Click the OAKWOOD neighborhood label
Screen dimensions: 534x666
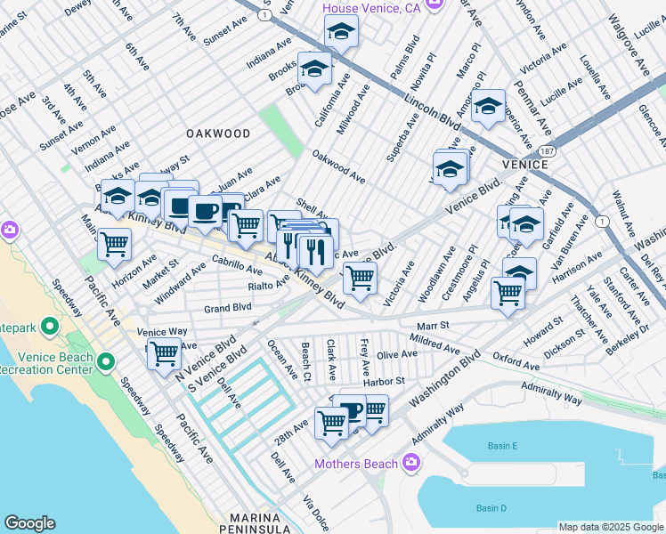[x=218, y=133]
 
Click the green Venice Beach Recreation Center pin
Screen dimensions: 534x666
[x=106, y=361]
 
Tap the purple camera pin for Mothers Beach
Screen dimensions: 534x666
[x=410, y=462]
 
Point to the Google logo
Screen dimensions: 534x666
[x=29, y=523]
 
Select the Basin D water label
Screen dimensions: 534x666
[x=491, y=508]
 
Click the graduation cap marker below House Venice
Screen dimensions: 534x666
[x=340, y=33]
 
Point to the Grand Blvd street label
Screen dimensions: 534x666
[x=228, y=308]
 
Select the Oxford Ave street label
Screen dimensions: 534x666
[x=516, y=366]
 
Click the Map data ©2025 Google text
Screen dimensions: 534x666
[x=611, y=527]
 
